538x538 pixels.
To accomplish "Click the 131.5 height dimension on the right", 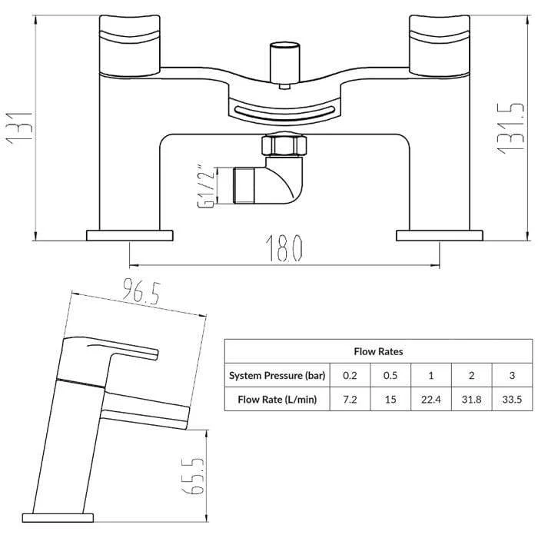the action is pos(511,128).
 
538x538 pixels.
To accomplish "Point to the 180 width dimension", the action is pos(284,248).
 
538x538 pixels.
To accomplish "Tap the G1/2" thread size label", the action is pos(206,185).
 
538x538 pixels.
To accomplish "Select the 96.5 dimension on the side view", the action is pos(141,291).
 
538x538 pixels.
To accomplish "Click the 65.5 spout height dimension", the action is pos(193,475).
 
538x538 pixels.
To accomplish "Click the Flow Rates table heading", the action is pos(378,351).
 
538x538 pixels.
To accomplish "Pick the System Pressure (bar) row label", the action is pos(277,375).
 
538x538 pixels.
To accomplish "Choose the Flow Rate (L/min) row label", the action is pos(277,400).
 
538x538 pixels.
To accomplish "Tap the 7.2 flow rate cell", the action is pos(350,400).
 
